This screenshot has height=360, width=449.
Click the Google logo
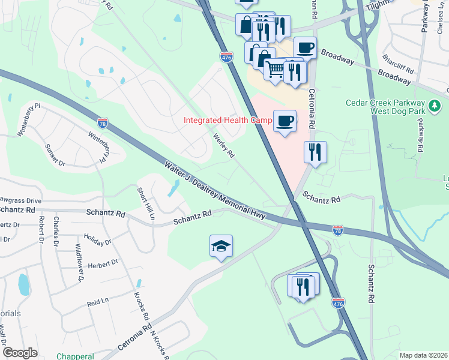coord(20,352)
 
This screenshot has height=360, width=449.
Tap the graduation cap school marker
coord(221,246)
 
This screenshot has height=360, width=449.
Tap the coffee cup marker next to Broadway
coord(305,47)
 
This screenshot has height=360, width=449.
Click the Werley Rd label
coord(223,145)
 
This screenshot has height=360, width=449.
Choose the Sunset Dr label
coord(54,155)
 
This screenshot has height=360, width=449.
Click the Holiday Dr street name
coord(97,240)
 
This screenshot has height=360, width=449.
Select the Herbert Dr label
coord(103,264)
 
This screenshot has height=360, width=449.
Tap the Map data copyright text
coord(423,355)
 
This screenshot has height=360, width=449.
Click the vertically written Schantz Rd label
coord(372,283)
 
